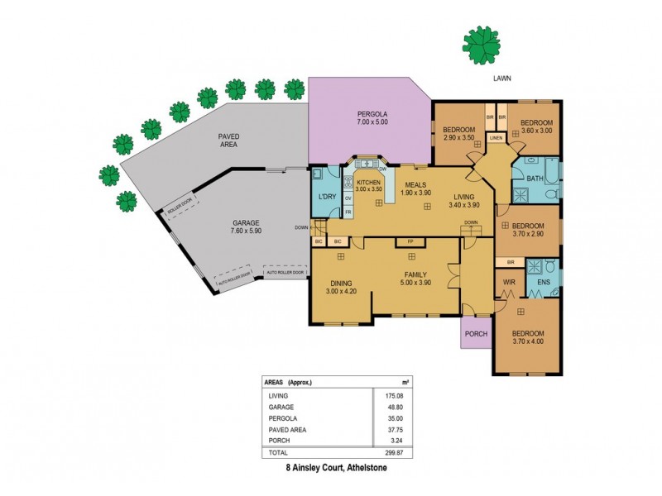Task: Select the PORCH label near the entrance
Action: point(477,334)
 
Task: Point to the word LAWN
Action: point(502,79)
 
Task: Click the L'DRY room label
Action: point(327,197)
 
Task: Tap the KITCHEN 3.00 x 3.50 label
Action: point(368,185)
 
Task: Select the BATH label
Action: point(534,178)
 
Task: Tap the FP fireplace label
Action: point(409,242)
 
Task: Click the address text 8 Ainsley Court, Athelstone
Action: point(331,467)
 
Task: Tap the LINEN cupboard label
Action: point(496,138)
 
